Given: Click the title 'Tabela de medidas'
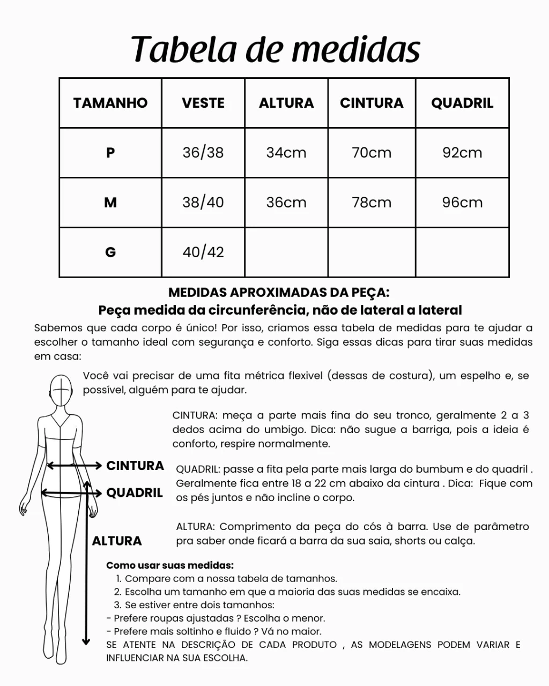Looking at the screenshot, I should (275, 49).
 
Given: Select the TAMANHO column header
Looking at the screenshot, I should (110, 103).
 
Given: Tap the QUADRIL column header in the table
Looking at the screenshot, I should (462, 103).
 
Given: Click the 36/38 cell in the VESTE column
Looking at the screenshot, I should (203, 153).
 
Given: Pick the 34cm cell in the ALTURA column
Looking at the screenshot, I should (286, 153).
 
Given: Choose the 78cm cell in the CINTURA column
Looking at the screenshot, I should (372, 203).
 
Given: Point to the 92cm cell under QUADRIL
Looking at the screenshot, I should (462, 153).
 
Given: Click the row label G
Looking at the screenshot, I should (110, 252).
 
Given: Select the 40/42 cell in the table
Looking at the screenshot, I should (203, 252).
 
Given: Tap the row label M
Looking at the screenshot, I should (110, 203).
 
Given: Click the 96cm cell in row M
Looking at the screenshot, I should (462, 203).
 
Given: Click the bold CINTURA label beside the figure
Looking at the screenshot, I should (135, 466).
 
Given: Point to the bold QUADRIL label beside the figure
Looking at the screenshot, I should (135, 493).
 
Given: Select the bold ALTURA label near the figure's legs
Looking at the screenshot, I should (117, 541).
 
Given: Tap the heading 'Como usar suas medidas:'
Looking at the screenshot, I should (170, 565).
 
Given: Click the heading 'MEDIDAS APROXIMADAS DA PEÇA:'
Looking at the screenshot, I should (279, 293).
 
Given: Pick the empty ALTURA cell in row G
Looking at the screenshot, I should (286, 252).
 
